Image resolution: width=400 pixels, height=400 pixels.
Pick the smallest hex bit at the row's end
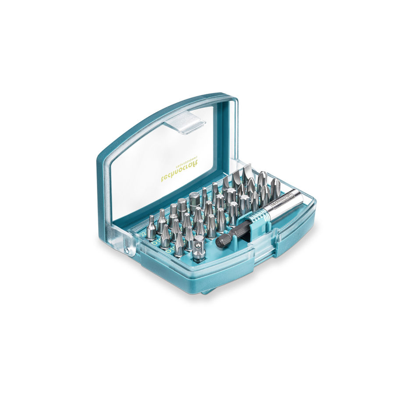[x=151, y=228]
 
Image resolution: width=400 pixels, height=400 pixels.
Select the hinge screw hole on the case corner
[x=127, y=251]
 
